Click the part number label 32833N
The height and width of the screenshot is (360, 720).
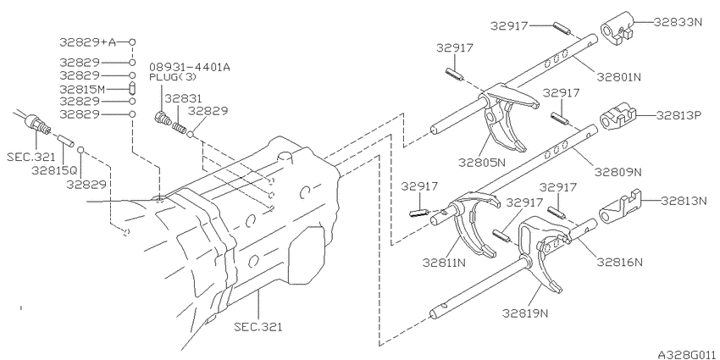tap(678, 21)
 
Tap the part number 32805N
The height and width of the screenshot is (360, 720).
tap(481, 162)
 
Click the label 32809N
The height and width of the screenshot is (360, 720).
tap(618, 172)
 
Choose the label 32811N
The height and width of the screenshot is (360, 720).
tap(445, 263)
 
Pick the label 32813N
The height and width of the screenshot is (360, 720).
tap(684, 201)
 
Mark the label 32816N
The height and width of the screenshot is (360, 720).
tap(619, 262)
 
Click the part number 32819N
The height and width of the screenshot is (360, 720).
tap(525, 313)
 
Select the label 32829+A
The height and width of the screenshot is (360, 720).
tap(88, 42)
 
